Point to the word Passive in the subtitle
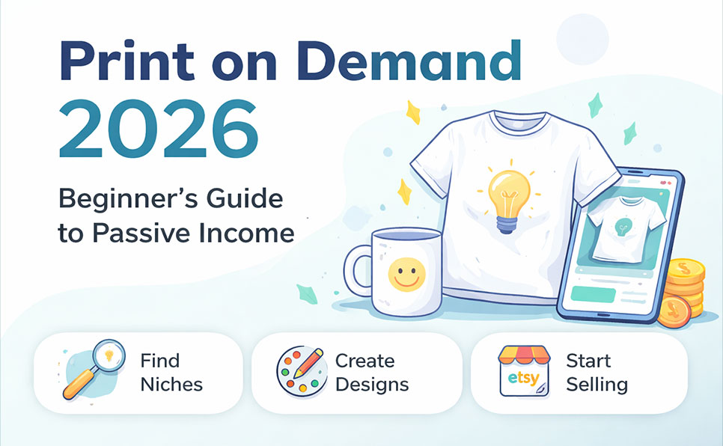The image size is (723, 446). pos(148,233)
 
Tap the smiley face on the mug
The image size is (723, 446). pos(404,274)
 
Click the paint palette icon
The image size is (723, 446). pos(299,371)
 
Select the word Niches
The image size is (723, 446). pos(171,385)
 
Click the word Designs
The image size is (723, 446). pos(372,385)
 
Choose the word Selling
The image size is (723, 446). pos(597,385)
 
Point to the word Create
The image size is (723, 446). pos(365,361)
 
